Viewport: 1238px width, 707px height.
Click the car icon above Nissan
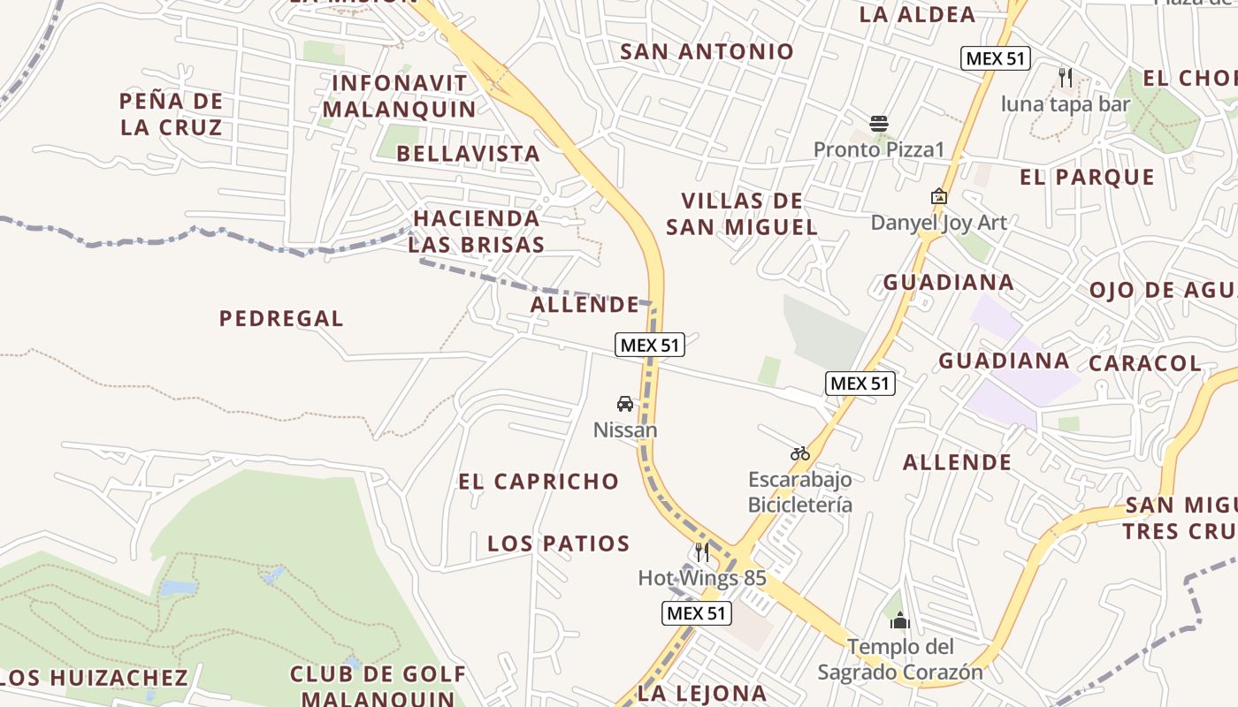(625, 404)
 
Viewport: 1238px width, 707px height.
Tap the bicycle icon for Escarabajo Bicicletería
(800, 453)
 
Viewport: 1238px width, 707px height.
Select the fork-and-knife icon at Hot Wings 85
(702, 552)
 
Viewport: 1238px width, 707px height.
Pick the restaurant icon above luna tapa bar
(1066, 78)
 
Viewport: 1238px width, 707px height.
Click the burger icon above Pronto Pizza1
(878, 123)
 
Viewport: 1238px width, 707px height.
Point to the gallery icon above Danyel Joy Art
(938, 196)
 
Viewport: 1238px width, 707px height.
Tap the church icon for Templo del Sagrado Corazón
(900, 620)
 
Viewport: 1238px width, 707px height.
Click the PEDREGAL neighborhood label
(281, 318)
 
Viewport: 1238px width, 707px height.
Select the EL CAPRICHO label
(539, 482)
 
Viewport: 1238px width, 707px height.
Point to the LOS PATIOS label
(559, 544)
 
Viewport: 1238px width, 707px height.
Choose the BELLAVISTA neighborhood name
(468, 154)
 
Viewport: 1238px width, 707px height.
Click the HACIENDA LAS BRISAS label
(476, 232)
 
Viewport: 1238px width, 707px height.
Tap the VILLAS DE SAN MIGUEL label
(742, 214)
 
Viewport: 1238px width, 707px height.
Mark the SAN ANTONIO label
(707, 51)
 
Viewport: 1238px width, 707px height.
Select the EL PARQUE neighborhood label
(1087, 178)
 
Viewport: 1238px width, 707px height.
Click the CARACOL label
(1145, 363)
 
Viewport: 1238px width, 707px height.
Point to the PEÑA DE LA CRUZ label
(171, 114)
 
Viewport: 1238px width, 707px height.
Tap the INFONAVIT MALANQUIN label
(399, 96)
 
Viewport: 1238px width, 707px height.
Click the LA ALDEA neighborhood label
(917, 14)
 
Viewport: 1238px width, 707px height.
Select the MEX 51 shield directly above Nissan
(650, 345)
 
